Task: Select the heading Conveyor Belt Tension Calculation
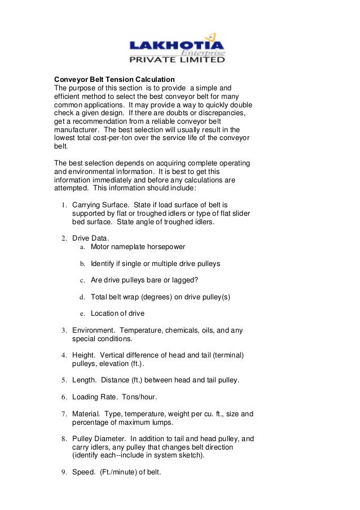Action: click(x=114, y=80)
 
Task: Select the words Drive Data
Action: click(x=90, y=238)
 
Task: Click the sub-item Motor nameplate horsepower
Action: click(x=138, y=247)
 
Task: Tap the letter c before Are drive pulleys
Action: click(x=82, y=280)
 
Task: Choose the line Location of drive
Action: click(x=117, y=313)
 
